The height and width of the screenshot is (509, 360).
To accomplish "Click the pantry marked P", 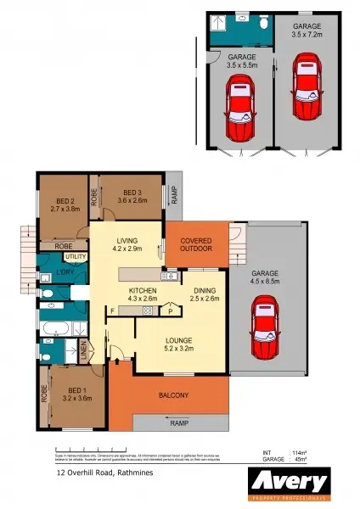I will (x=171, y=311).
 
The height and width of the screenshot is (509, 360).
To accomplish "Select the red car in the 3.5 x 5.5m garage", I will (x=241, y=110).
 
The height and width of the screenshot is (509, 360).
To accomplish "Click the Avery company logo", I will (x=287, y=482).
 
